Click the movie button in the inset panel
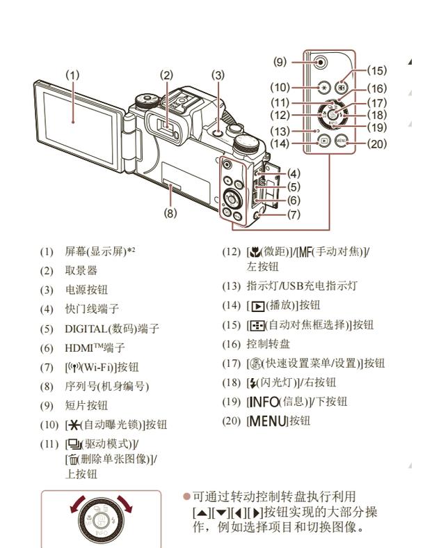[x=321, y=62]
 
